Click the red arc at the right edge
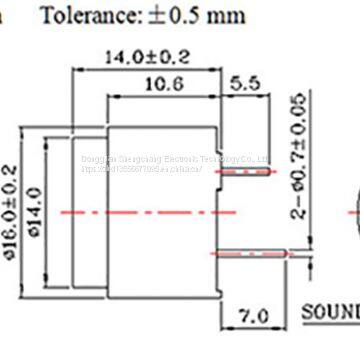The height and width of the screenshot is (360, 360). point(355,211)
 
